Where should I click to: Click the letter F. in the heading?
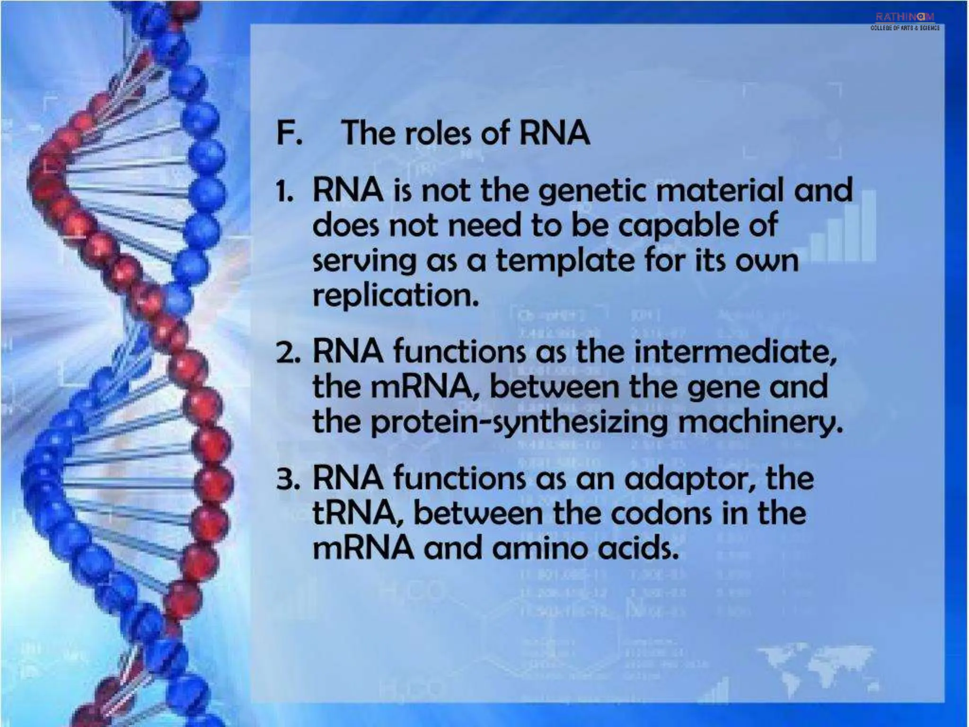click(289, 133)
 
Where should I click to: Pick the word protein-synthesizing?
click(519, 423)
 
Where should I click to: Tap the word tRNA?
click(360, 514)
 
